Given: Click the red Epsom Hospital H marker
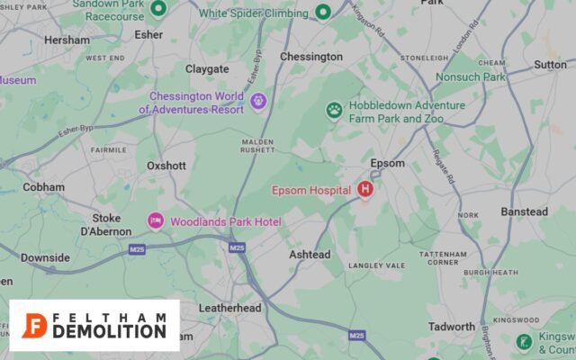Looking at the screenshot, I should click(365, 189).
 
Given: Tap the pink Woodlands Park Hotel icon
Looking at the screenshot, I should click(156, 220).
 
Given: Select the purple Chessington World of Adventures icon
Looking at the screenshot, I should click(259, 100).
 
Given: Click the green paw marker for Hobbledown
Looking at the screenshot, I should click(335, 110).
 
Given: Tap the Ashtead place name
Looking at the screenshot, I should click(310, 255).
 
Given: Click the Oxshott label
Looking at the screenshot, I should click(166, 166).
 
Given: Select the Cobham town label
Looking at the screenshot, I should click(44, 187).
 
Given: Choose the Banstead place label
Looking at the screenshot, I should click(524, 211).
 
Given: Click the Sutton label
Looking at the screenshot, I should click(550, 65).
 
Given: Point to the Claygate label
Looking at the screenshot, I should click(207, 68).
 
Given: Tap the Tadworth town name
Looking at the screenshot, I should click(452, 327).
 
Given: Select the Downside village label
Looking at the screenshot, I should click(45, 257).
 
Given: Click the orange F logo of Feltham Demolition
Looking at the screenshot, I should click(34, 325).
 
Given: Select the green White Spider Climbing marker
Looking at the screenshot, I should click(323, 12).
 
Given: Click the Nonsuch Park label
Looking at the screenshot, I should click(471, 77).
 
